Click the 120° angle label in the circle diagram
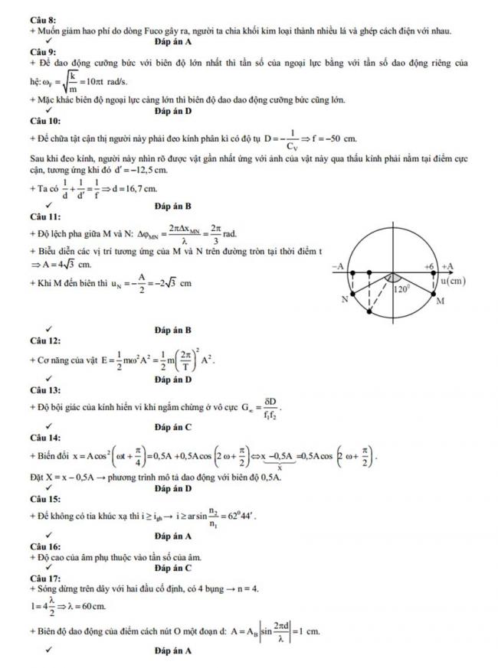[x=401, y=290]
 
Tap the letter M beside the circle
[x=440, y=302]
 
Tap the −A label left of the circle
[x=338, y=265]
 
